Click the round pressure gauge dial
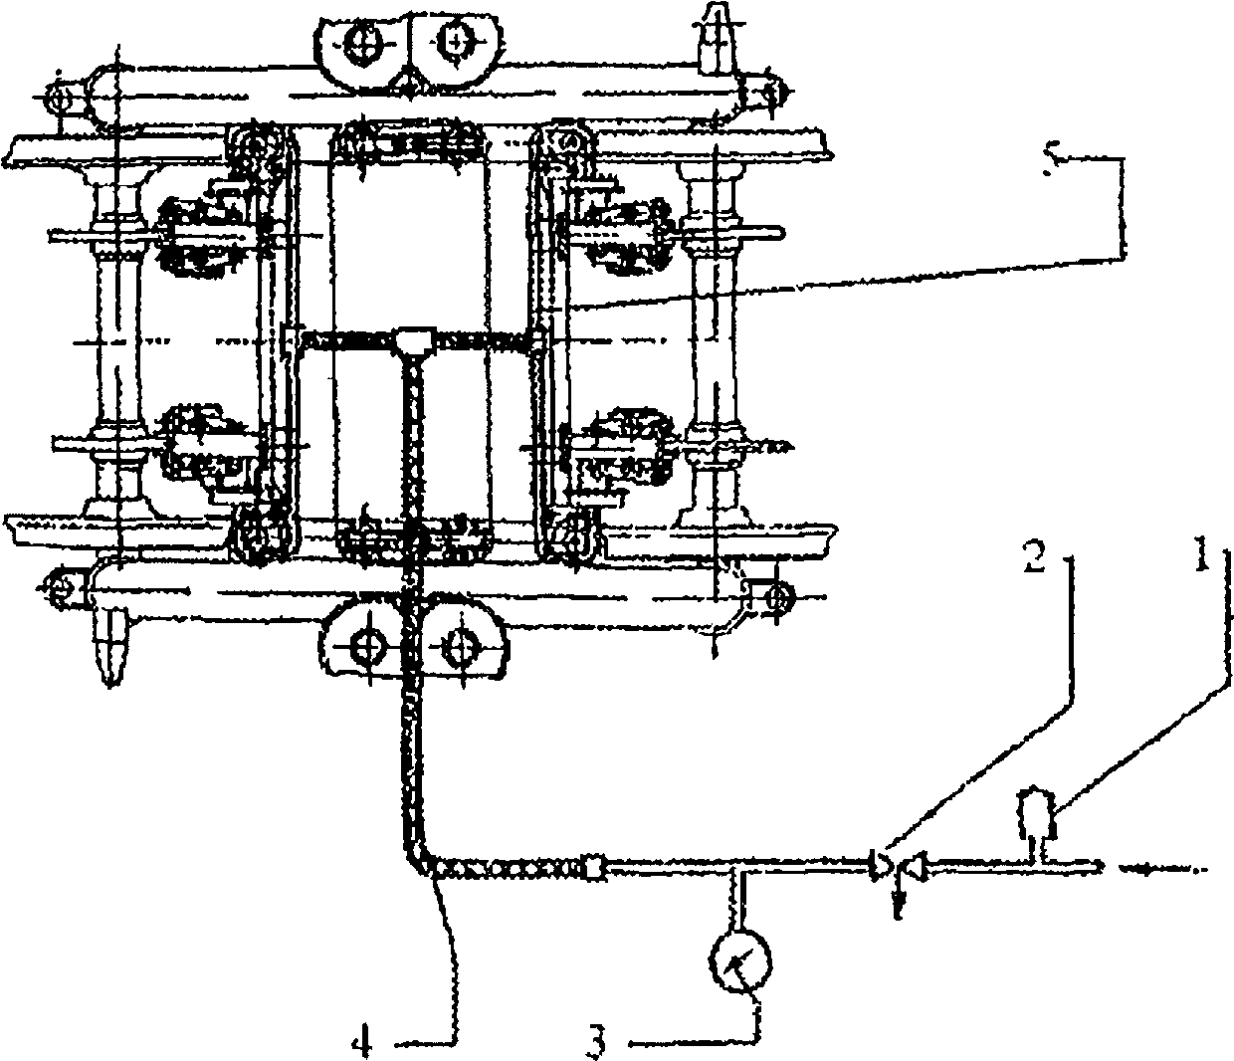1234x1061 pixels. [741, 960]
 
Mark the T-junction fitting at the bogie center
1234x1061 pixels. [410, 341]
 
